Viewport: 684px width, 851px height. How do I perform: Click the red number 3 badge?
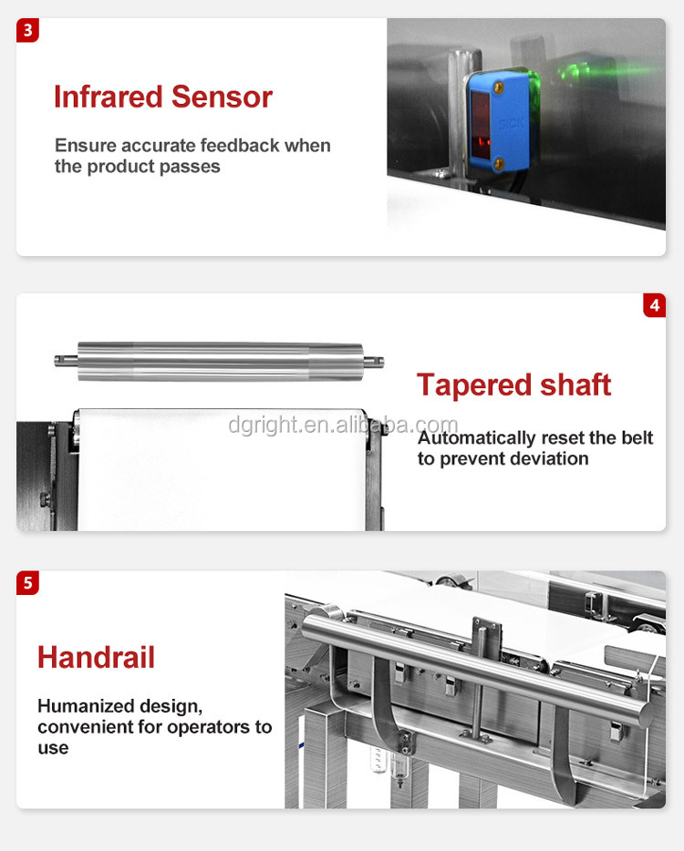28,31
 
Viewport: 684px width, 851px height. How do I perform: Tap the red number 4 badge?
654,304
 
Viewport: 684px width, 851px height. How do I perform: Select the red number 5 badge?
28,582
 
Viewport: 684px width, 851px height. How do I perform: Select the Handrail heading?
96,657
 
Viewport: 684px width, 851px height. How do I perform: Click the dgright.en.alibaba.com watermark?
343,425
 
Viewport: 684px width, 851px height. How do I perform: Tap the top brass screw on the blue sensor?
498,87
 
